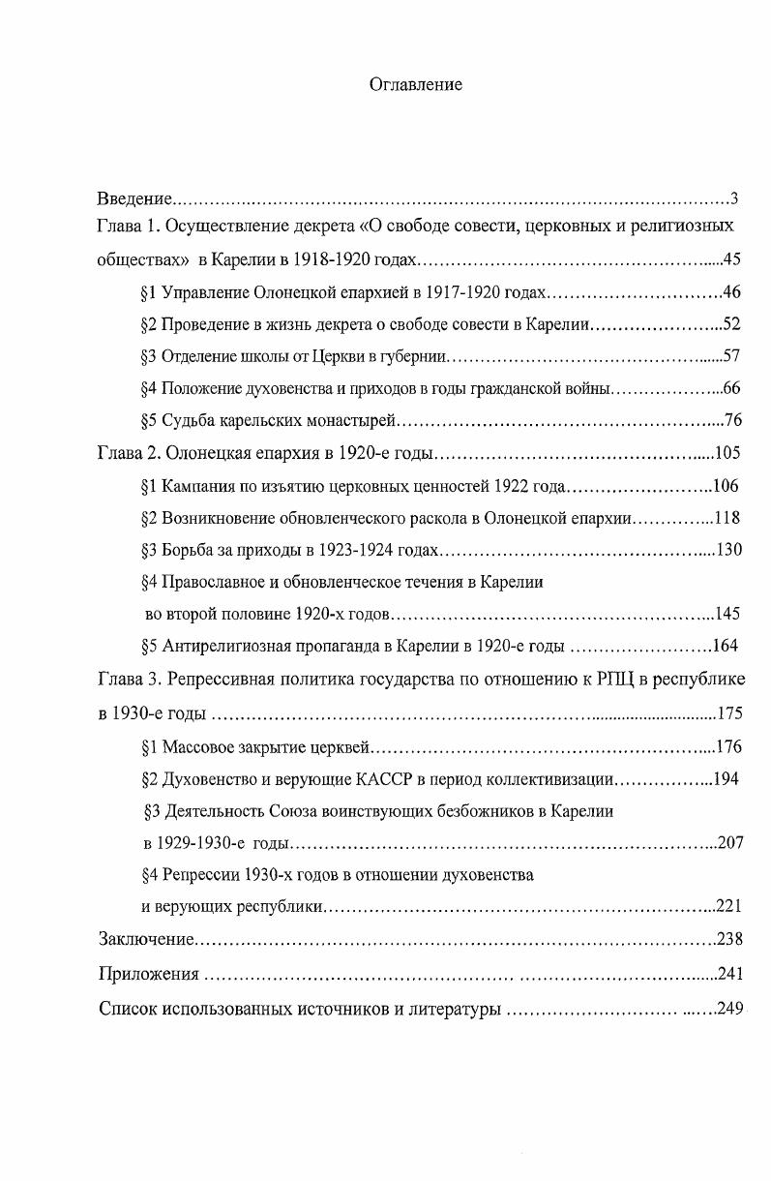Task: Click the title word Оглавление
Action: [416, 84]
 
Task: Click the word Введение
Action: [135, 199]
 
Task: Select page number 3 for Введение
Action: [734, 199]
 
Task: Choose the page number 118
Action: [727, 518]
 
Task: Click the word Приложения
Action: [148, 974]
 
